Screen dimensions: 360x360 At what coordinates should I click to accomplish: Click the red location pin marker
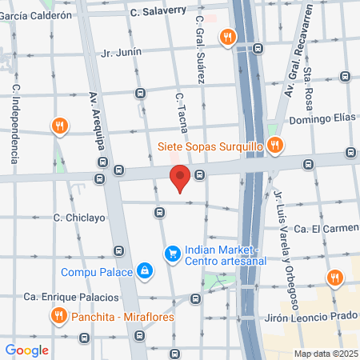click(180, 178)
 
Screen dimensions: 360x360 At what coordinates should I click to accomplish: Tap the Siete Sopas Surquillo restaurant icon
click(274, 145)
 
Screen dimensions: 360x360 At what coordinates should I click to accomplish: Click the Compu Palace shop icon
click(144, 271)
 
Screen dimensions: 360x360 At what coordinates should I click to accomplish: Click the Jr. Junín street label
click(122, 52)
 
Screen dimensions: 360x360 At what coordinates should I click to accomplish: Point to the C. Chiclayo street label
click(79, 217)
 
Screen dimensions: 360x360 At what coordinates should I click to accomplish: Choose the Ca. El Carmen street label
click(322, 229)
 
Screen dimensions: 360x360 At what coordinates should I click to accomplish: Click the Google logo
click(26, 350)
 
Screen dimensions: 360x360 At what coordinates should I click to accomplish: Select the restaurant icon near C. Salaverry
click(229, 35)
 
